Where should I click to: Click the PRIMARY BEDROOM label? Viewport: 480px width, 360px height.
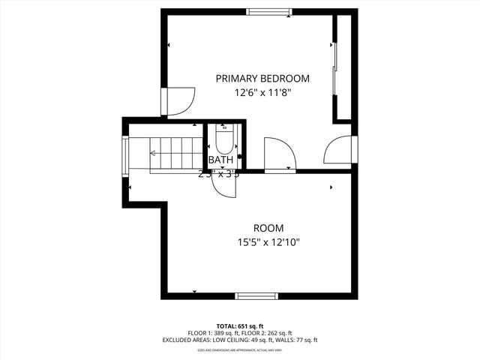click(262, 78)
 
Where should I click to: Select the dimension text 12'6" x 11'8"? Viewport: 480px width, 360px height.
click(262, 93)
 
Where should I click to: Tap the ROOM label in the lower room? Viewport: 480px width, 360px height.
click(268, 228)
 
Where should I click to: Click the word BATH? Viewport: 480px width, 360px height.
click(220, 160)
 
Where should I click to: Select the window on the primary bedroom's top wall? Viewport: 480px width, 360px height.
click(271, 10)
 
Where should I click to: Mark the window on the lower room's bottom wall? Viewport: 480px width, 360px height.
click(259, 296)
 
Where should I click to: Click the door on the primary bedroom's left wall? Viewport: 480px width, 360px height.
click(179, 102)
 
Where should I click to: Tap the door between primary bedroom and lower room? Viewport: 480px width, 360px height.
click(280, 154)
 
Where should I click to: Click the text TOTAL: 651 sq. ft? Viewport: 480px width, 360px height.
click(239, 325)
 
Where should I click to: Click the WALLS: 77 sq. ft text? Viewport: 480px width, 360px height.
click(297, 340)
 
